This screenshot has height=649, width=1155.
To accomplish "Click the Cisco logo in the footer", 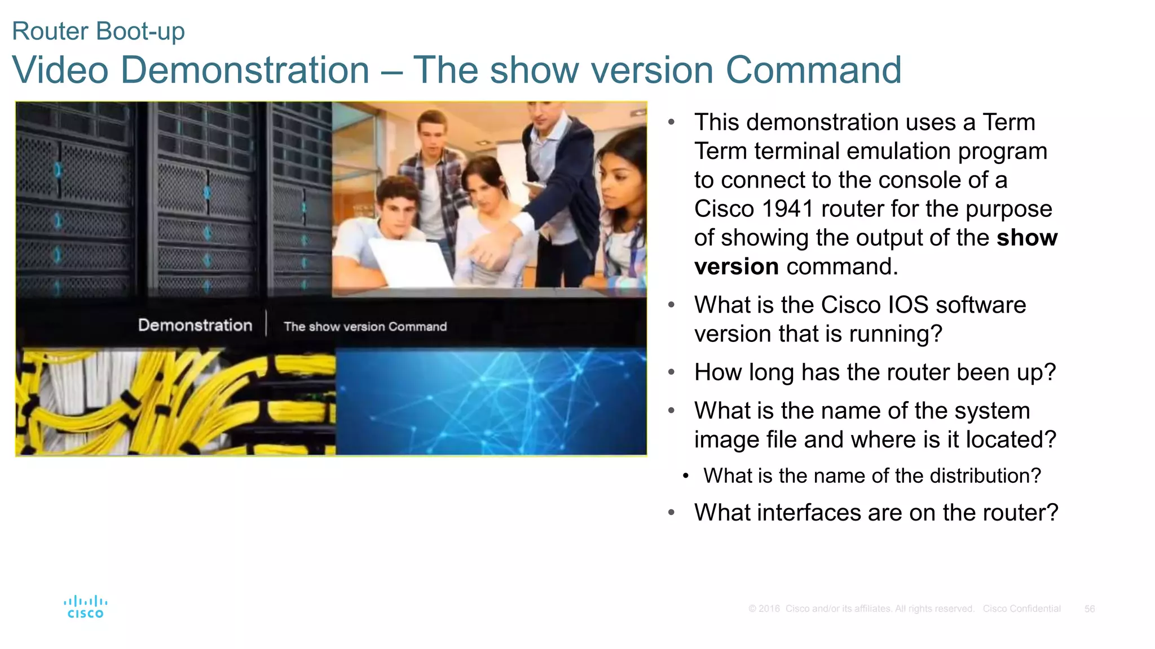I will [x=85, y=607].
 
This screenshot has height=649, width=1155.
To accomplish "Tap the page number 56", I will [x=1089, y=609].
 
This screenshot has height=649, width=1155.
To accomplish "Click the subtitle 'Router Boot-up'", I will [x=98, y=31].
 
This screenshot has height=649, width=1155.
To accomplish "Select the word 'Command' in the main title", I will [x=813, y=70].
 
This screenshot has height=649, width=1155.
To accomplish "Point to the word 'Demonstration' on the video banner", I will [x=195, y=325].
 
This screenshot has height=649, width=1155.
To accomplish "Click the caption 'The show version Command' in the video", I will [x=365, y=327].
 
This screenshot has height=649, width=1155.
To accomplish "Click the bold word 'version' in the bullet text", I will [x=736, y=266].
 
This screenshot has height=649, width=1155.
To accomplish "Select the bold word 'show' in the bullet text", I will [x=1026, y=238].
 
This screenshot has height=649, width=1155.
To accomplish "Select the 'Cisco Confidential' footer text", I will [x=1021, y=609].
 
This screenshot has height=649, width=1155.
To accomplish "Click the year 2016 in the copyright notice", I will [x=769, y=609].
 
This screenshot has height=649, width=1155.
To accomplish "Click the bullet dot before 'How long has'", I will [x=671, y=372].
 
